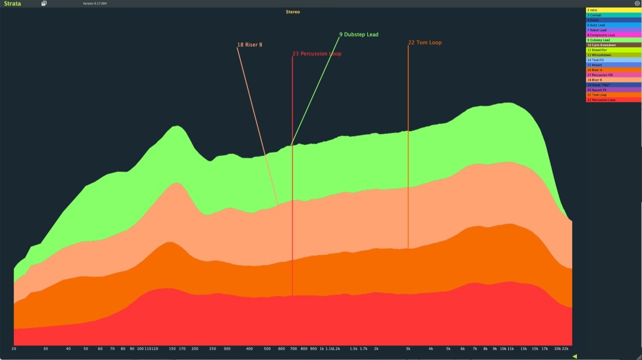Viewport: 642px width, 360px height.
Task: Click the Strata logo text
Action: click(12, 3)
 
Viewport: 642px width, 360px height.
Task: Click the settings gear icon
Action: click(637, 3)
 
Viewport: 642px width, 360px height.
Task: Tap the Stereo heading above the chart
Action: click(293, 12)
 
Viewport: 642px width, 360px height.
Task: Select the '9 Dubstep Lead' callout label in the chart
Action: click(359, 35)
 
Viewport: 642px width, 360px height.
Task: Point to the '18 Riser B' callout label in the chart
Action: click(250, 45)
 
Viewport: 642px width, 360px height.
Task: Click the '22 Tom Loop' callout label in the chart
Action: click(425, 43)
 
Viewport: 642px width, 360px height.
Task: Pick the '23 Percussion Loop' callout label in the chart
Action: click(317, 54)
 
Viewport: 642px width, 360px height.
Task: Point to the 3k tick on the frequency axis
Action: click(408, 349)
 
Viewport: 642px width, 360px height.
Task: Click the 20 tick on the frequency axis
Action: click(14, 349)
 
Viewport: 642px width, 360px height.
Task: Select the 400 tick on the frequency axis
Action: click(249, 349)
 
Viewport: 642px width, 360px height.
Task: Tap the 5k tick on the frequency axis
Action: click(448, 349)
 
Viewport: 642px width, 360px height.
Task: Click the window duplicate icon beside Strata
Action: click(44, 3)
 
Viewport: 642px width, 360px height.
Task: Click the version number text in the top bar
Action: click(95, 3)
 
